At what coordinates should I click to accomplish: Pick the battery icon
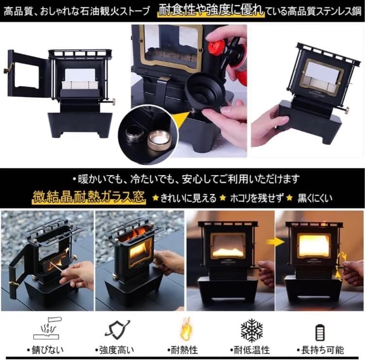(320, 332)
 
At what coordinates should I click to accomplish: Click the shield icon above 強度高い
(117, 330)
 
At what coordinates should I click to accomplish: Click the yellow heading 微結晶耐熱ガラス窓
(89, 198)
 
